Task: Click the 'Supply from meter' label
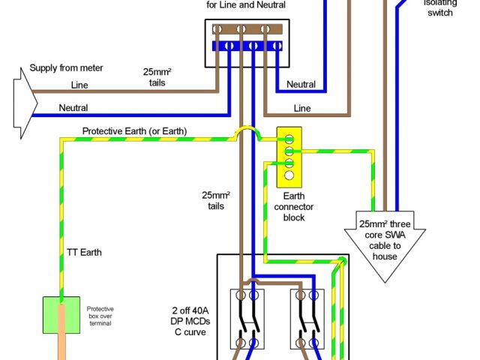tap(66, 68)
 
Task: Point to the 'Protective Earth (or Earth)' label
tap(134, 131)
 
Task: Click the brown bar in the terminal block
tap(247, 29)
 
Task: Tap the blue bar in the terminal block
tap(247, 46)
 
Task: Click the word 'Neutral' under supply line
tap(73, 108)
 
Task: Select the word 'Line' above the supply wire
tap(79, 85)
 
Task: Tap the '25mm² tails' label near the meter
tap(157, 76)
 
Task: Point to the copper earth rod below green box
tap(61, 348)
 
